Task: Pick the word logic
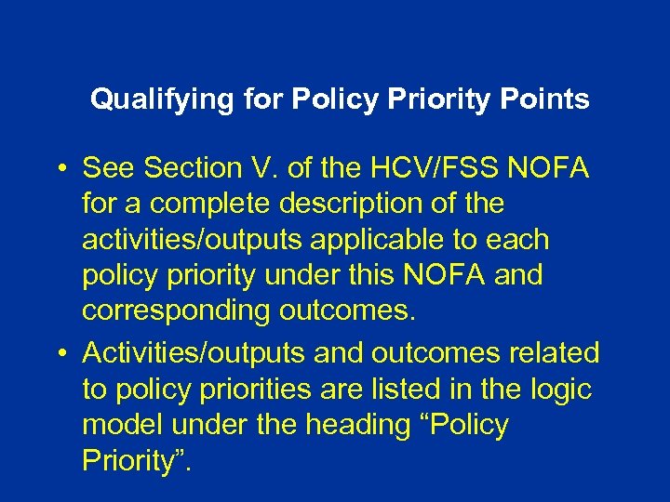pyautogui.click(x=562, y=389)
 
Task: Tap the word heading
pyautogui.click(x=353, y=425)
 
